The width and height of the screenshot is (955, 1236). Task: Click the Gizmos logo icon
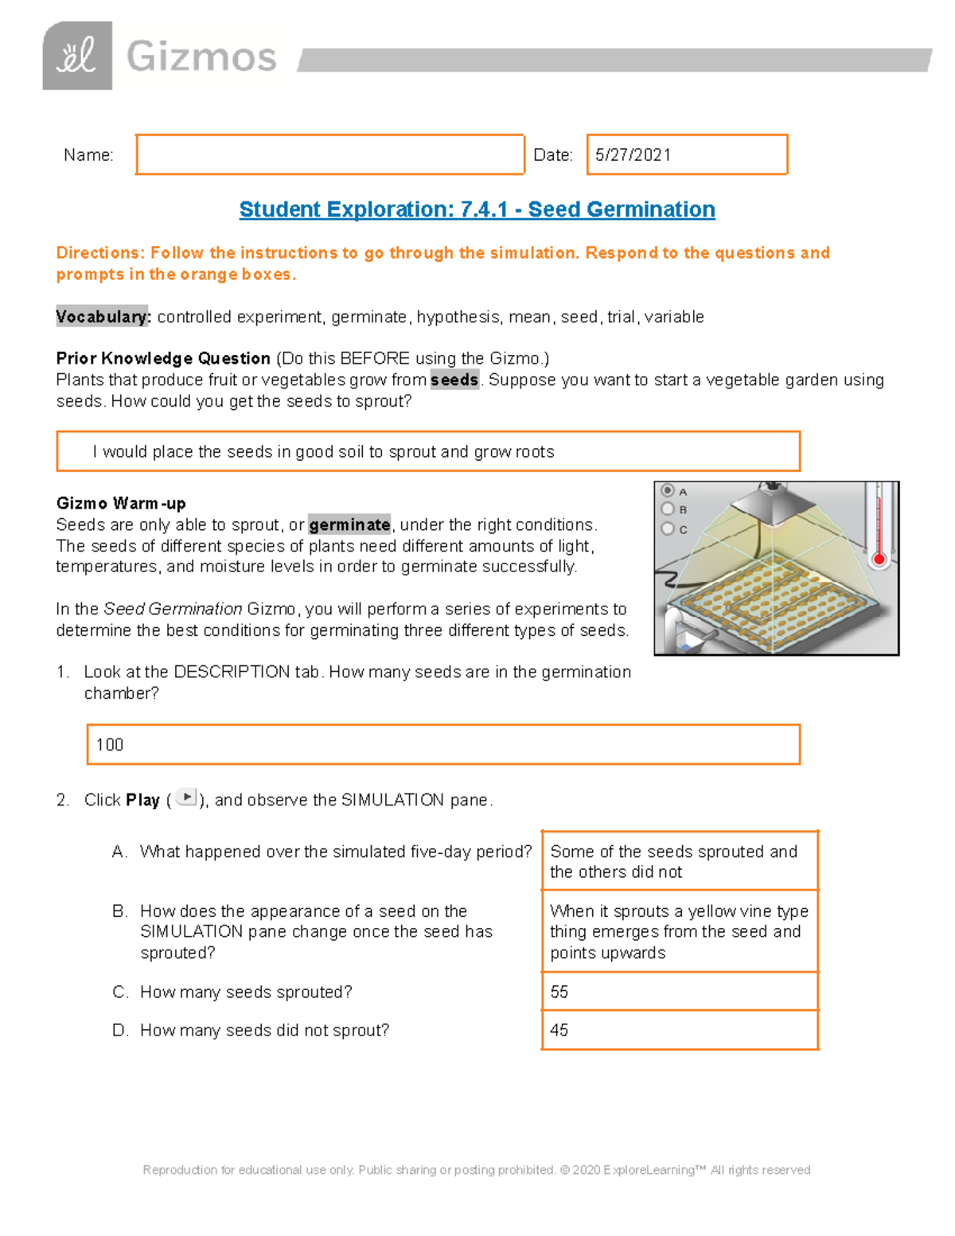pos(77,56)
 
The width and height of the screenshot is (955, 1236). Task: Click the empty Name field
pos(329,154)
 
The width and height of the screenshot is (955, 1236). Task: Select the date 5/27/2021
pos(633,155)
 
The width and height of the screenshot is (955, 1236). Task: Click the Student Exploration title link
pos(477,209)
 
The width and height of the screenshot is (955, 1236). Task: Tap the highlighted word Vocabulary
pos(103,317)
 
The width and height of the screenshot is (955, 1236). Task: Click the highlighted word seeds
pos(454,380)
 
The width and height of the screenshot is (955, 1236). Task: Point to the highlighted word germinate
pos(349,525)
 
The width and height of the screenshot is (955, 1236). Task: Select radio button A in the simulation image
pos(668,491)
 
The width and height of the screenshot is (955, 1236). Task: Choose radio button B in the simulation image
pos(668,509)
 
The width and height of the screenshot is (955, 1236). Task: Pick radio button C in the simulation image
pos(668,528)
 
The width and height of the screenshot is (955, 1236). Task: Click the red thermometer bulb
pos(879,559)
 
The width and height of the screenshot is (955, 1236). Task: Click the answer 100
pos(110,745)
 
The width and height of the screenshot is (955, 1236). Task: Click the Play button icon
pos(185,797)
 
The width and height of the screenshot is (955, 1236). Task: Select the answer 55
pos(559,992)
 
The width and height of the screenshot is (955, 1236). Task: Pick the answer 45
pos(559,1031)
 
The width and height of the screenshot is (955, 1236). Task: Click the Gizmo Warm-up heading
pos(121,503)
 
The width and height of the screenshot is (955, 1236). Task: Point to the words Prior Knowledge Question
pos(163,359)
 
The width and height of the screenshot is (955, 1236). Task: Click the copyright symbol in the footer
pos(565,1170)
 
